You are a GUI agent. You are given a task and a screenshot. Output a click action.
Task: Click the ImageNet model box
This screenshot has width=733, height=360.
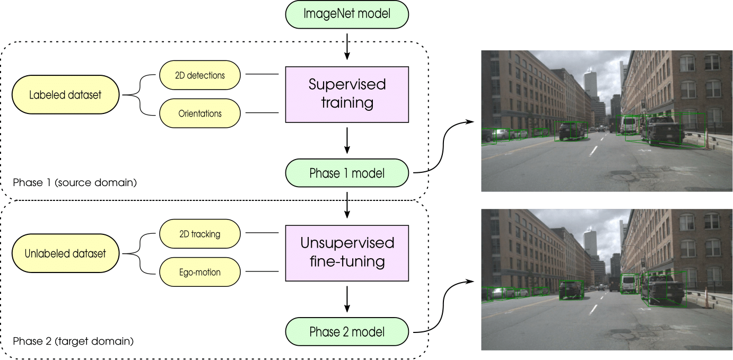coord(347,14)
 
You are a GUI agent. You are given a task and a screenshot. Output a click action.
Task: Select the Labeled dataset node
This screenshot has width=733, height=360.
coord(66,95)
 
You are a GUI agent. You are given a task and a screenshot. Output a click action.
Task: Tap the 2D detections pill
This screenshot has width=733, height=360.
coord(199,75)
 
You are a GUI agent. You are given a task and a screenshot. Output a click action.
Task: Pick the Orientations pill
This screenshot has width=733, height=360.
coord(199,113)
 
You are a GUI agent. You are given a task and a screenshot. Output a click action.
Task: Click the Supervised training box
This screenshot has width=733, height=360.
coord(347,94)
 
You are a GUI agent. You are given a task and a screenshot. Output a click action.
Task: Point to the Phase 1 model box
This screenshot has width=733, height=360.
coord(347,173)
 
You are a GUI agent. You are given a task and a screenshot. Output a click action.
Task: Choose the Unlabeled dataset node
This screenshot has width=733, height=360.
coord(66,253)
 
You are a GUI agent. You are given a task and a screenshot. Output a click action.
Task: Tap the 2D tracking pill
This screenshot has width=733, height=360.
coord(199,234)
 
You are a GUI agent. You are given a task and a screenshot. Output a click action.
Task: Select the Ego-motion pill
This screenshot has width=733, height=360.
coord(199,273)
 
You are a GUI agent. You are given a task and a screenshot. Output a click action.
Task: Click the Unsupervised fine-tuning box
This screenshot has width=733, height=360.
coord(347,252)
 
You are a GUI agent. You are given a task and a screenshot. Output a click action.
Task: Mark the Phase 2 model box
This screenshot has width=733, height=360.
coord(347,332)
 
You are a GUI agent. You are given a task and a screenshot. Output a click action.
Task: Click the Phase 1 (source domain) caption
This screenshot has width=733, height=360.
coord(75,183)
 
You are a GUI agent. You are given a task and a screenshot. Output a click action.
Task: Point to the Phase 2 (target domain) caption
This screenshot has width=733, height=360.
coord(73,340)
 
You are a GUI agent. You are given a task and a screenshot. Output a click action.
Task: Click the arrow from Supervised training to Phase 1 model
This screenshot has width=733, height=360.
coord(347,141)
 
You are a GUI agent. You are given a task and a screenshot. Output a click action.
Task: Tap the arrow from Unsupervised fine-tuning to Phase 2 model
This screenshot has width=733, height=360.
coord(347,300)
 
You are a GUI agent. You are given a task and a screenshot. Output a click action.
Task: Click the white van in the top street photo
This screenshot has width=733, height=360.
coord(629,125)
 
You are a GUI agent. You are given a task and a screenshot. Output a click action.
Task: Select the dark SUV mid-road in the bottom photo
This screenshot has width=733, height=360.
coord(571,289)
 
